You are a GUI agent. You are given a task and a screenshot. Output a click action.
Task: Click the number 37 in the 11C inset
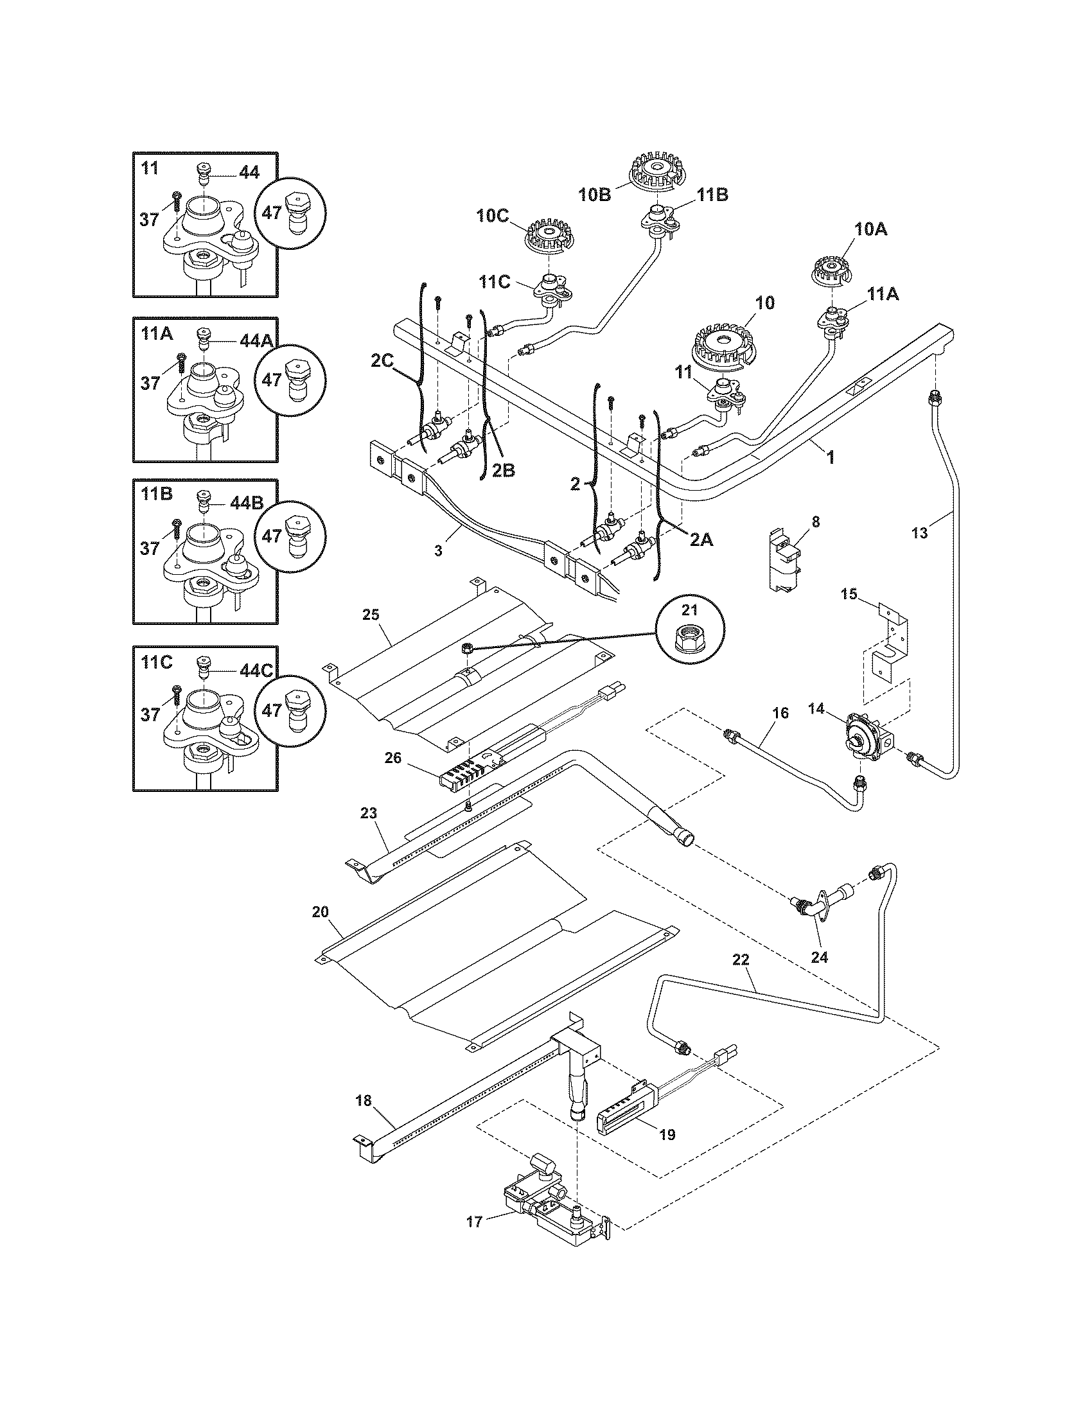point(150,715)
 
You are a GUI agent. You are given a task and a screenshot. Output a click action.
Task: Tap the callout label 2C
point(382,361)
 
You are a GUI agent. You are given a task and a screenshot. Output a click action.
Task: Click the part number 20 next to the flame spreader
point(321,911)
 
